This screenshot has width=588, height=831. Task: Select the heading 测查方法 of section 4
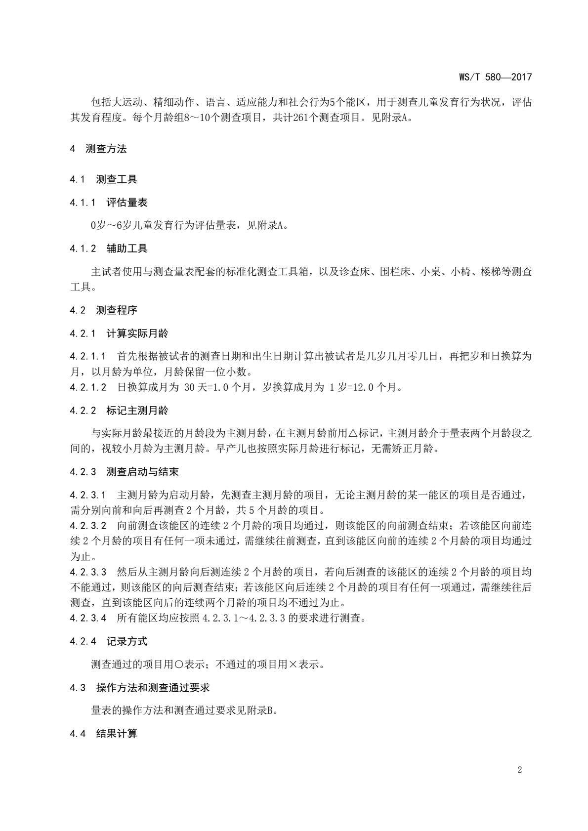[x=106, y=149]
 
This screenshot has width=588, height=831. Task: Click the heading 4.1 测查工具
[x=103, y=179]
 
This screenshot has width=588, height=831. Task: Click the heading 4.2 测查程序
[x=103, y=310]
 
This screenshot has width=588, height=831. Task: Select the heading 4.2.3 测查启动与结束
[x=124, y=472]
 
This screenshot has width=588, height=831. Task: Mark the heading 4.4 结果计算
[x=103, y=734]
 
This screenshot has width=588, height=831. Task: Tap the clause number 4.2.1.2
[x=88, y=387]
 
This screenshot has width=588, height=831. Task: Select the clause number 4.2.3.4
[x=88, y=618]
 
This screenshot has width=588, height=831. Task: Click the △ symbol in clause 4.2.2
[x=353, y=434]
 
